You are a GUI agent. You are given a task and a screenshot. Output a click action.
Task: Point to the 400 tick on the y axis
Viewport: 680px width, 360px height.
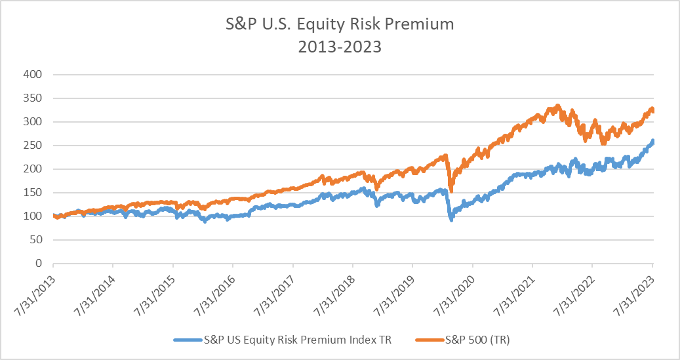[33, 75]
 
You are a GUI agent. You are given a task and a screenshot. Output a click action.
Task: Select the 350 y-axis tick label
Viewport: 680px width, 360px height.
[33, 98]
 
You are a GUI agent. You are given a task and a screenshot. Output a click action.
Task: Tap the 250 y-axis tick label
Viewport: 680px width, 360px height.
[33, 146]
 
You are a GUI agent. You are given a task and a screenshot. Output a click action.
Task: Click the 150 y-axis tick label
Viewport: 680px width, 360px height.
[33, 193]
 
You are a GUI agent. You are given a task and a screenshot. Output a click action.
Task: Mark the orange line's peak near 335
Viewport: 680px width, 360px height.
[557, 106]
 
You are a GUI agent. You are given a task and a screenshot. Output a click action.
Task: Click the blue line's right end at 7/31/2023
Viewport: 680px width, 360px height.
[652, 141]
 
